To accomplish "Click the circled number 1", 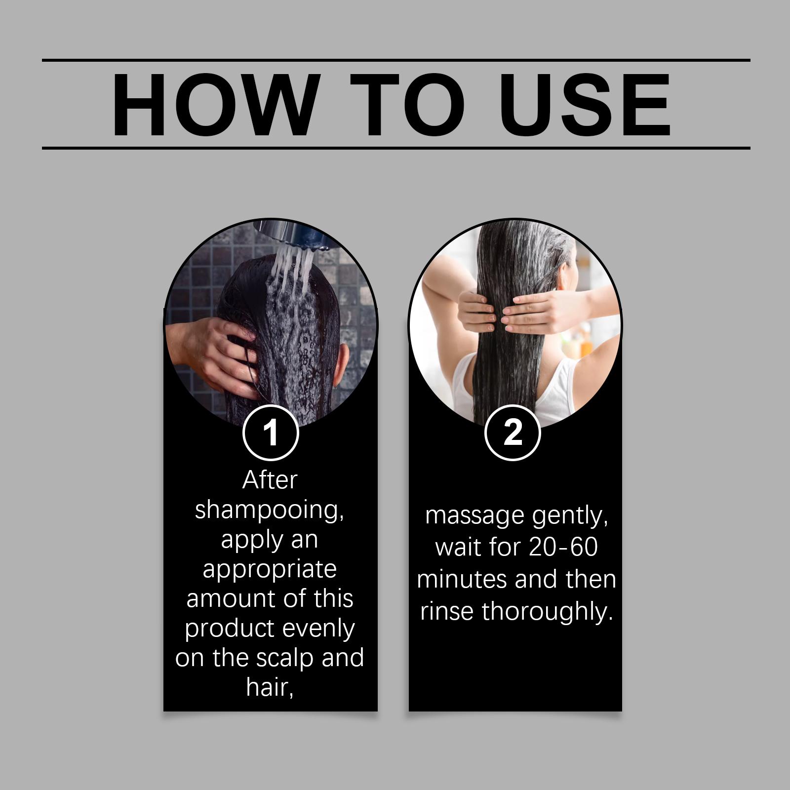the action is coord(271,433).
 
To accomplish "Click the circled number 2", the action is coord(513,433).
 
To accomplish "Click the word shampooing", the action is coord(270,510).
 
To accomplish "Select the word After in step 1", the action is coord(270,479).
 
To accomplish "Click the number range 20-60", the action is coord(563,547).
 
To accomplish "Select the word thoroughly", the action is coord(547,612).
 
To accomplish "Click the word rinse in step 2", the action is coord(447,611).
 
